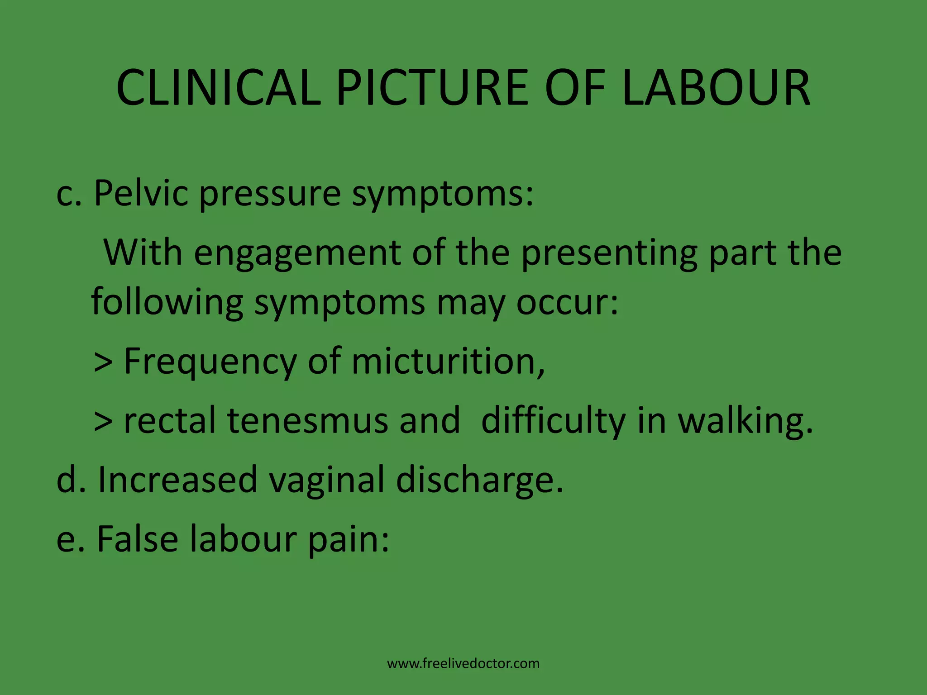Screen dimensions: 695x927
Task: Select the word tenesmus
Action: point(307,420)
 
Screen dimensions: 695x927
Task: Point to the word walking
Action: point(745,420)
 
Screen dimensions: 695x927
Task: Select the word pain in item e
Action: point(348,539)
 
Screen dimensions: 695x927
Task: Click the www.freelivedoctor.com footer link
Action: point(463,663)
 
